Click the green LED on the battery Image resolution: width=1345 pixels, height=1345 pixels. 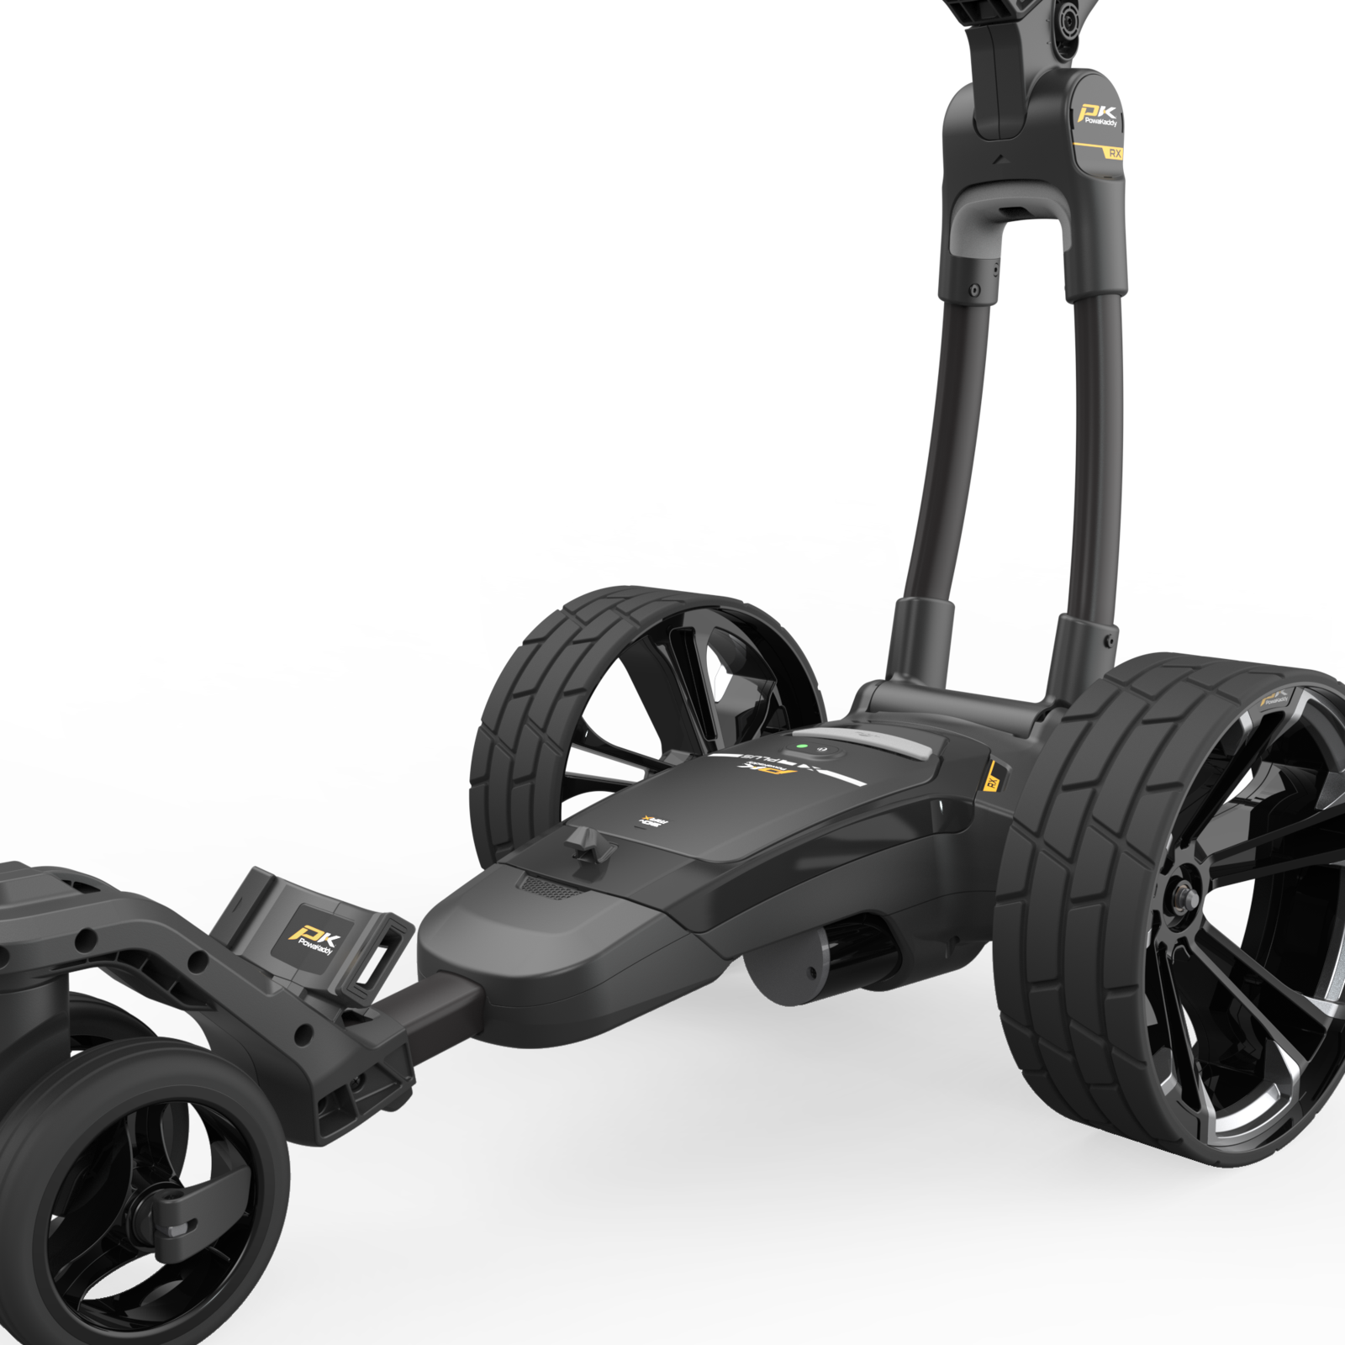[x=801, y=745]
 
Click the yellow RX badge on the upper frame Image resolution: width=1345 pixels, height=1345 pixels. [x=1115, y=154]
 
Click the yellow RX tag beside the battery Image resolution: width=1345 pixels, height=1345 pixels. [x=992, y=779]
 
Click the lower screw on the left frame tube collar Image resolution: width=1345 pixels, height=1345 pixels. [x=974, y=289]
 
